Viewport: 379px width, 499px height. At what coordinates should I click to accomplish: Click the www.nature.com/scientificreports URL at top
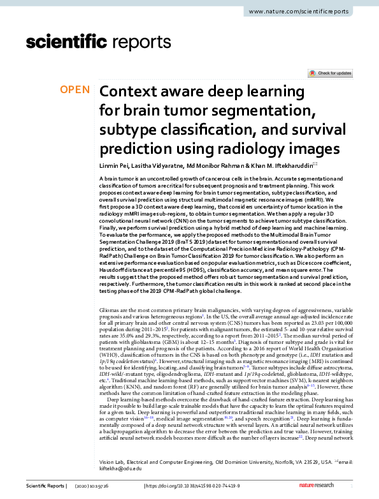click(x=308, y=12)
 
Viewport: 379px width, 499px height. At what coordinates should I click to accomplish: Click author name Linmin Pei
click(x=116, y=166)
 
